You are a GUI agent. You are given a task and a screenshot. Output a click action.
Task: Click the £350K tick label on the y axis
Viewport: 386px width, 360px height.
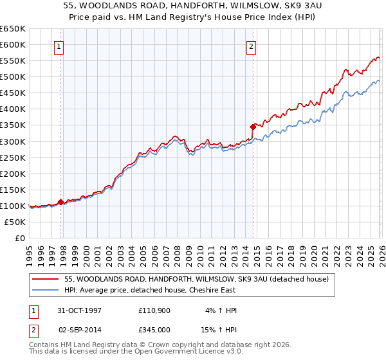click(x=13, y=125)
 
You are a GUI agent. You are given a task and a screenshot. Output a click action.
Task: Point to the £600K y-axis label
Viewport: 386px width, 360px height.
click(x=13, y=44)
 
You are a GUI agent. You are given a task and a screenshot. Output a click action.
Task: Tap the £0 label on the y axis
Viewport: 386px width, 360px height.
click(x=19, y=238)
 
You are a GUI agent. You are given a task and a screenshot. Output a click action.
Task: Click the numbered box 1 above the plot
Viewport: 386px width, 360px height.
click(x=59, y=46)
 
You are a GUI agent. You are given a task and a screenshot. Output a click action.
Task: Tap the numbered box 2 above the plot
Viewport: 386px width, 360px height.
click(x=251, y=46)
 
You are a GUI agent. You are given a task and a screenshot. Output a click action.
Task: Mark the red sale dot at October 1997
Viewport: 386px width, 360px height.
click(x=61, y=202)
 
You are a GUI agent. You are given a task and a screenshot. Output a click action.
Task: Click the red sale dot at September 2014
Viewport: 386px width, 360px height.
click(x=253, y=127)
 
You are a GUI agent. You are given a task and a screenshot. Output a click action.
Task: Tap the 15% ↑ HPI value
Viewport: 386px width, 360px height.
click(x=221, y=328)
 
